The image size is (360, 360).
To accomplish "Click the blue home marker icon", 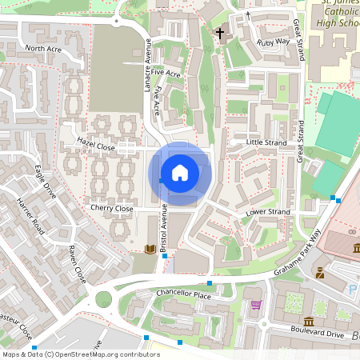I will (x=180, y=173).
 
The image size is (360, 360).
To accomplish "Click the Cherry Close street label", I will (x=112, y=208).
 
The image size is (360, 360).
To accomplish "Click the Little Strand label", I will (x=266, y=142).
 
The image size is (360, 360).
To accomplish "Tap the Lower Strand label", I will (x=267, y=212).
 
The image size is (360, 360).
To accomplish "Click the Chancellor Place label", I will (x=184, y=295).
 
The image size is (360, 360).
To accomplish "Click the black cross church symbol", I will (x=220, y=34).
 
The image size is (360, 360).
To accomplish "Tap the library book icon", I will (x=149, y=250).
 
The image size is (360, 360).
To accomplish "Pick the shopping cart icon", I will (x=256, y=304).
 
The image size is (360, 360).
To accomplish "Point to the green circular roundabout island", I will (x=104, y=300).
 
